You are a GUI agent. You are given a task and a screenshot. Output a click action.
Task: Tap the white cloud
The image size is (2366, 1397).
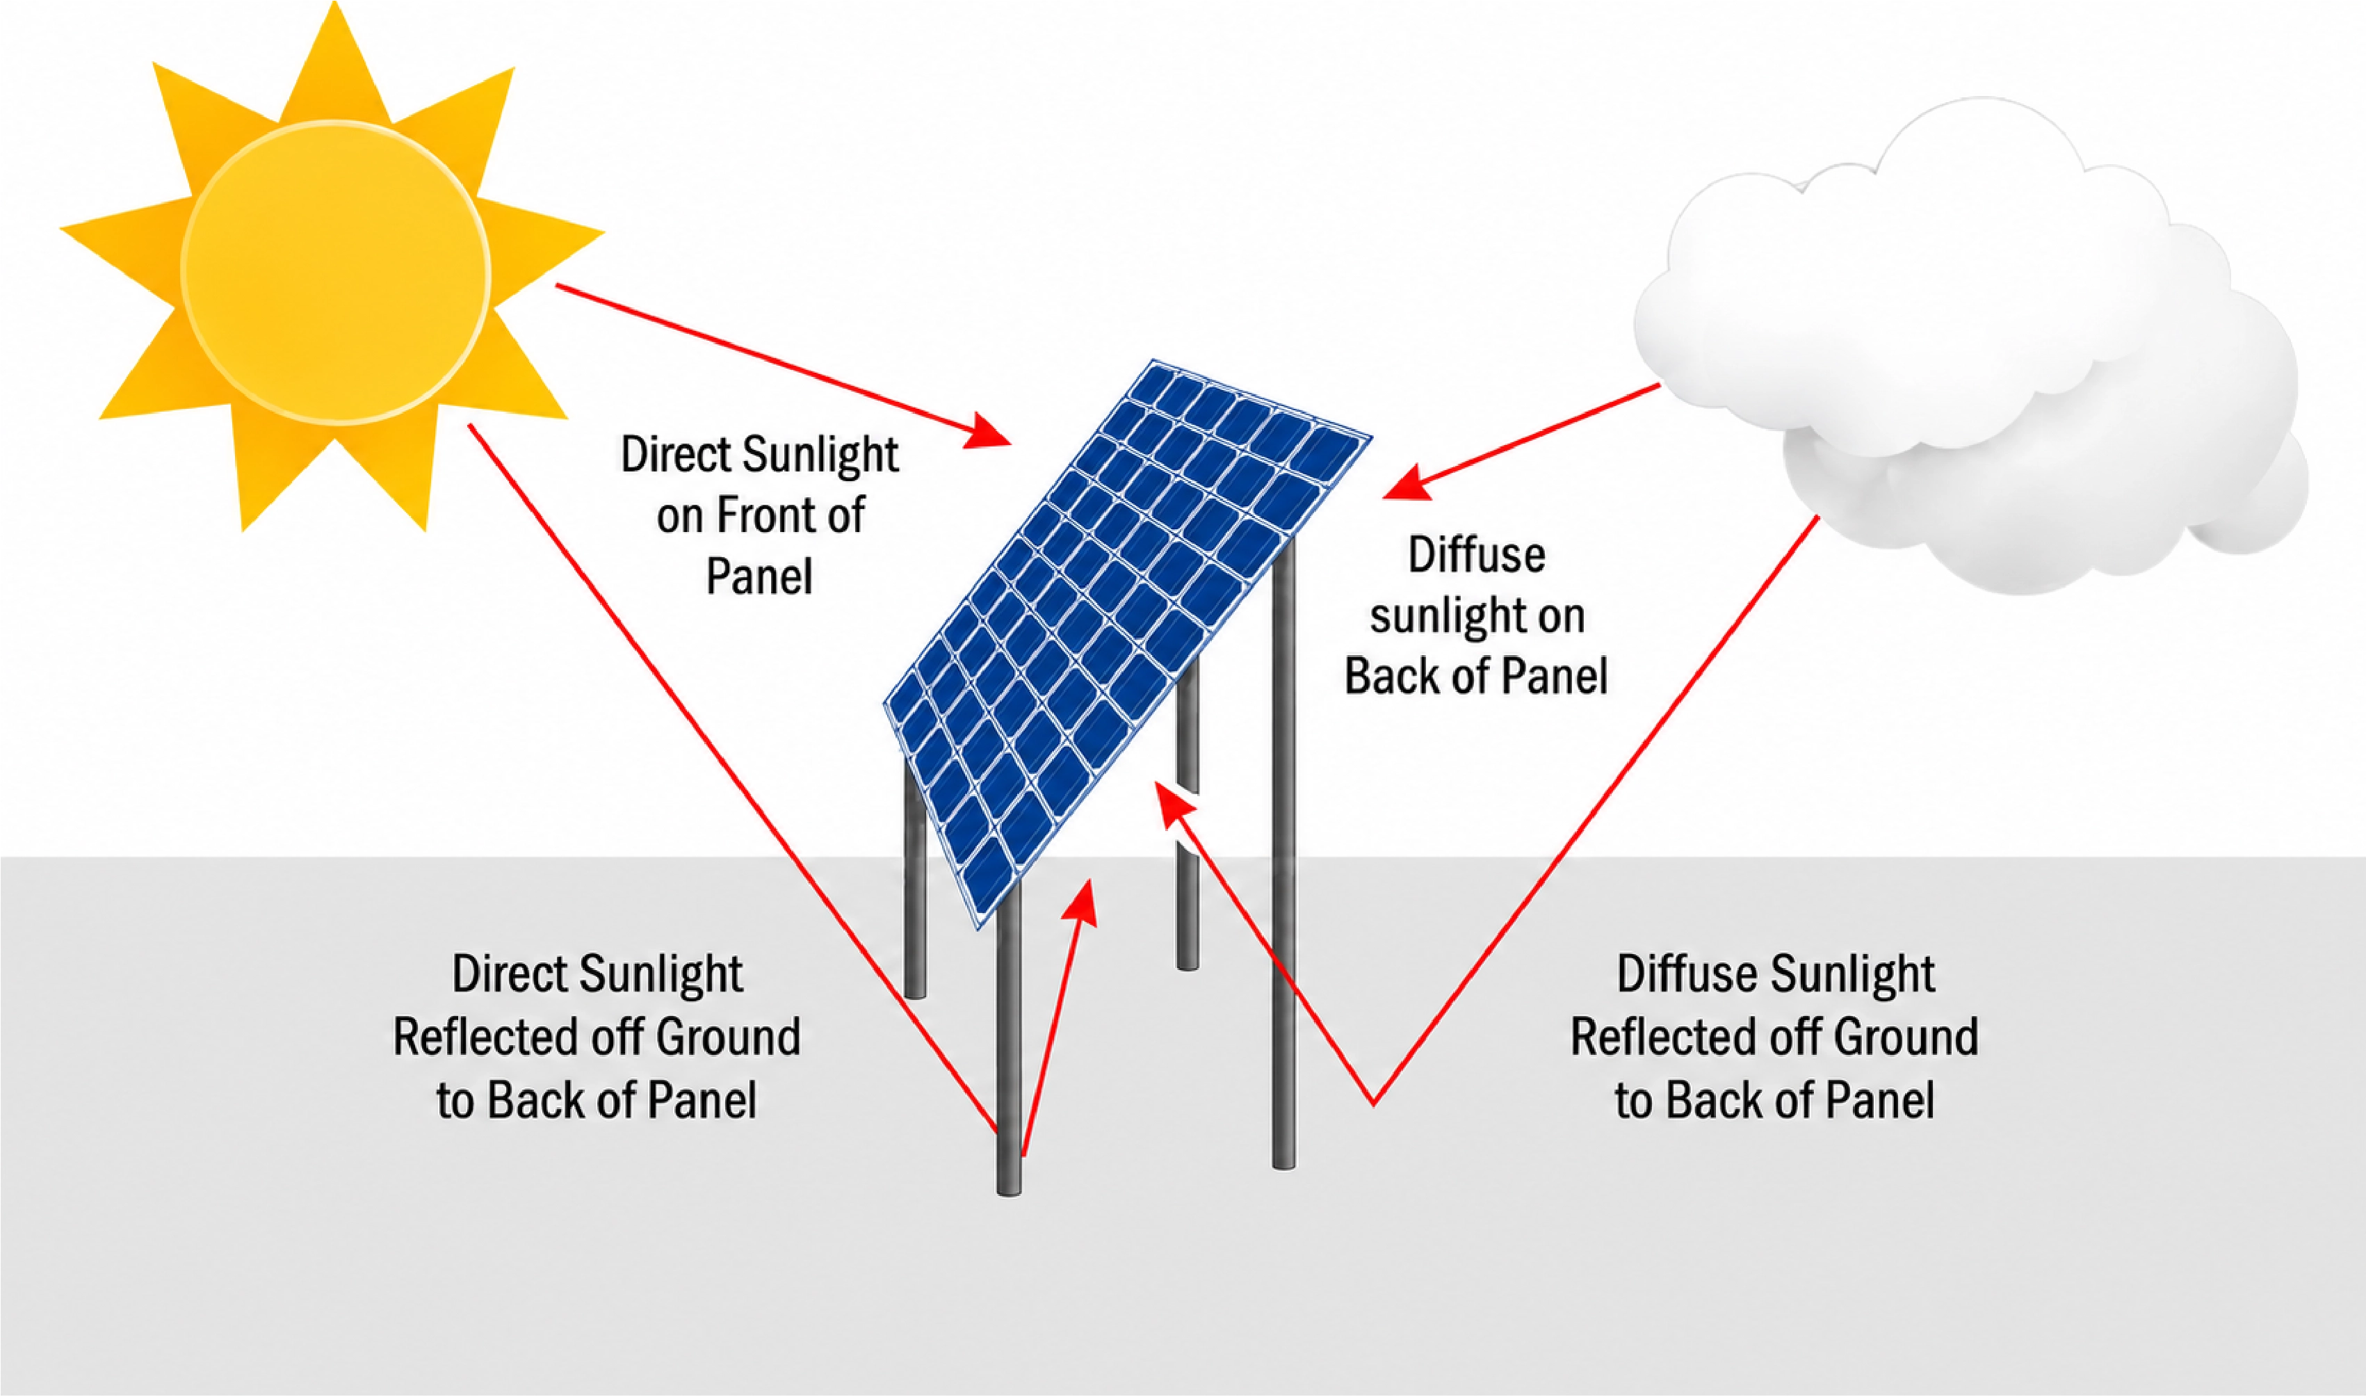pyautogui.click(x=1967, y=348)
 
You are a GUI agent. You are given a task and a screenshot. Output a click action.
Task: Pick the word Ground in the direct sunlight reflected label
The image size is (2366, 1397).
pyautogui.click(x=727, y=1037)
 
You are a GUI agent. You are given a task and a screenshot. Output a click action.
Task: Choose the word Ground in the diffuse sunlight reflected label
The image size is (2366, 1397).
pyautogui.click(x=1906, y=1037)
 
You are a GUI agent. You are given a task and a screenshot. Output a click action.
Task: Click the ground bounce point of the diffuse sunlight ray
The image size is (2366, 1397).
pyautogui.click(x=1373, y=1104)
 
